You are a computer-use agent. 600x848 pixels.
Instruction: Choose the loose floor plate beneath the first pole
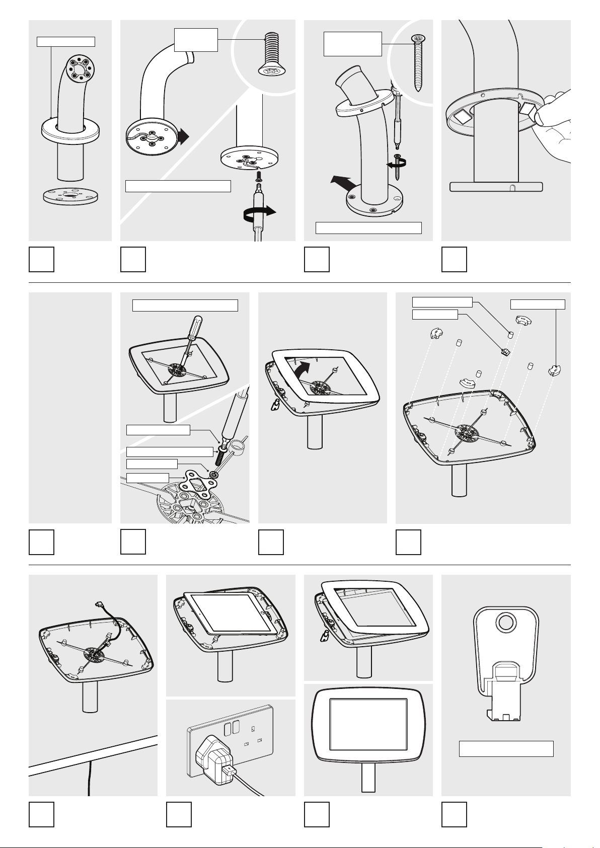(70, 196)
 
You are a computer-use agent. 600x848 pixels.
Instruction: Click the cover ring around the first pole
(70, 131)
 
